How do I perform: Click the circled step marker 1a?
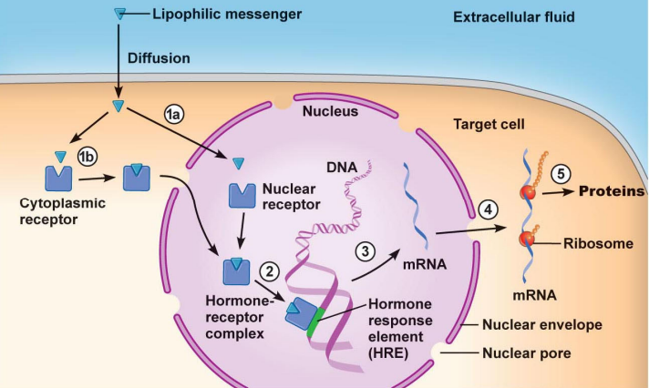[x=174, y=114]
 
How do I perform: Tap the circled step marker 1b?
[x=88, y=156]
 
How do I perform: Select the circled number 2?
[x=268, y=270]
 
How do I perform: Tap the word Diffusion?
[x=160, y=58]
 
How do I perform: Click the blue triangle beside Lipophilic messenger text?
[x=119, y=13]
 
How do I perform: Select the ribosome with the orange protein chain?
[x=527, y=192]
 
